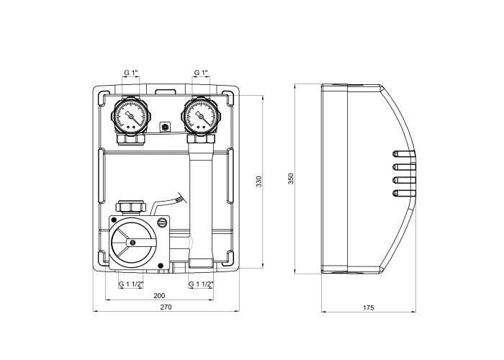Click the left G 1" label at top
[131, 73]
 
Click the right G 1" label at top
[201, 73]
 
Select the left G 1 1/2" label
[131, 284]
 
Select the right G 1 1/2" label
[201, 284]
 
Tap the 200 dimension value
[159, 296]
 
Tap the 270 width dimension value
[166, 307]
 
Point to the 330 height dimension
[259, 181]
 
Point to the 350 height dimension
[291, 179]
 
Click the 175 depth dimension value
[369, 307]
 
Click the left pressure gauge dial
[131, 116]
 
